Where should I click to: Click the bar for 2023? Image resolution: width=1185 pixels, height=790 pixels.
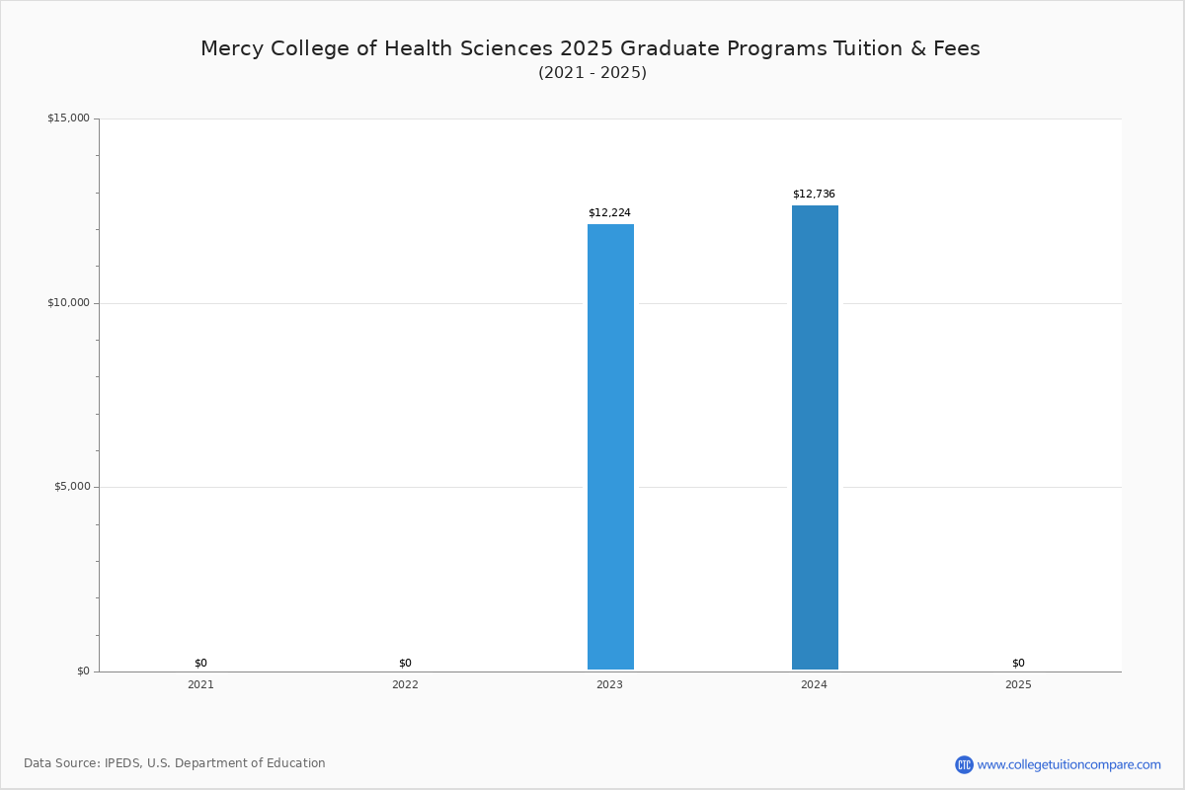(x=610, y=446)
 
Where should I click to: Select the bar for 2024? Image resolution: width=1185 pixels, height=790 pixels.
(x=815, y=437)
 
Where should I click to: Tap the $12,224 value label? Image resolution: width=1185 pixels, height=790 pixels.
(x=609, y=213)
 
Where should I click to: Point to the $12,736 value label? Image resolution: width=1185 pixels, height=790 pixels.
(x=814, y=195)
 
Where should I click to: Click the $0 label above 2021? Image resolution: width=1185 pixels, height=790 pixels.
(x=200, y=664)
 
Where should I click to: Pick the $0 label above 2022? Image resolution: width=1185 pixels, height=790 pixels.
(x=405, y=664)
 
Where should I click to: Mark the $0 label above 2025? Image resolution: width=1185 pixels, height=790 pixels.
(x=1018, y=664)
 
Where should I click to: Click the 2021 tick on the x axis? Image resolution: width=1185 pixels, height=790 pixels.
(x=200, y=684)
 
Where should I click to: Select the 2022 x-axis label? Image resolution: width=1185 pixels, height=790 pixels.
(x=405, y=684)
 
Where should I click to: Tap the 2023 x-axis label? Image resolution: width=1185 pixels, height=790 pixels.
(x=609, y=684)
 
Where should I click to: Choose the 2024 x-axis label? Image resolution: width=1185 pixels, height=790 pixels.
(x=814, y=684)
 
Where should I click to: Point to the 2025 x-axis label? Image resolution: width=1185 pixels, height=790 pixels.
(x=1018, y=684)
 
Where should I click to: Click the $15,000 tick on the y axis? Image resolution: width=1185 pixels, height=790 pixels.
(x=68, y=118)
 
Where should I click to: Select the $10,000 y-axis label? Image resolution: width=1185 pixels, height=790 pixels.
(x=68, y=303)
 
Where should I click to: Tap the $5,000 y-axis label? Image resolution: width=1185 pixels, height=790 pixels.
(x=71, y=487)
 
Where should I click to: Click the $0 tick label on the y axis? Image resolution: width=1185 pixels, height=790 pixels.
(x=83, y=671)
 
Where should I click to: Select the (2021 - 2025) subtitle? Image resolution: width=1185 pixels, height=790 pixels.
(x=592, y=73)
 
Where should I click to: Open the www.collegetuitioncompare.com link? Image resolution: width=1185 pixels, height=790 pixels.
(x=1068, y=764)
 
